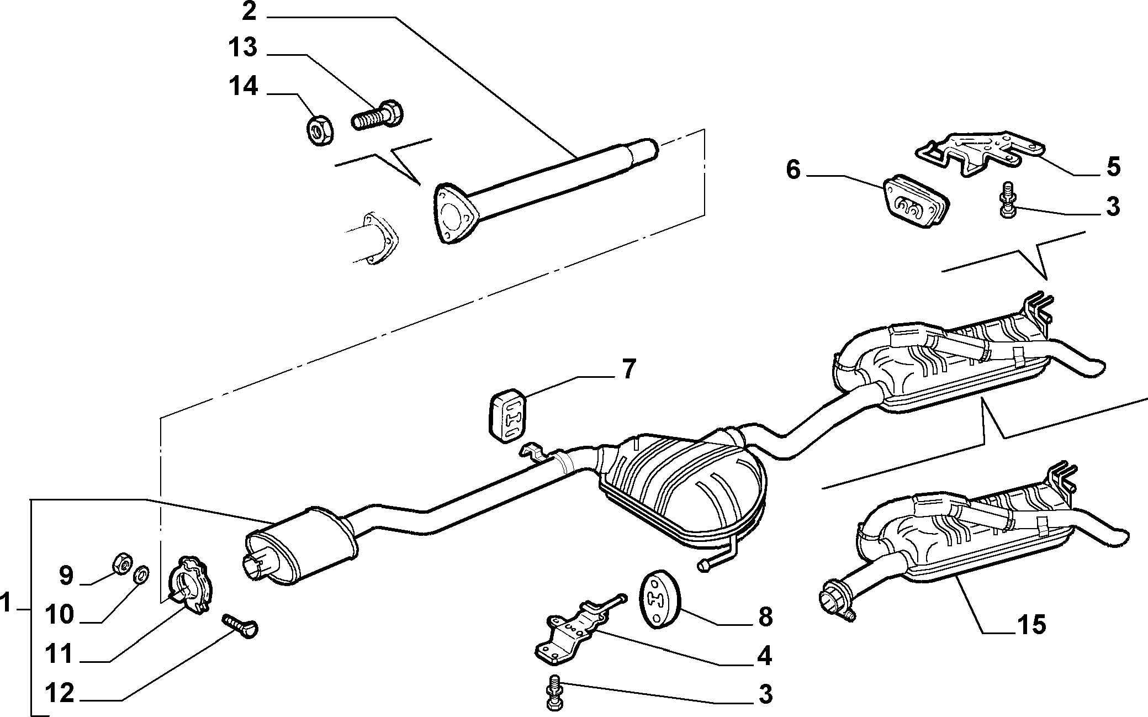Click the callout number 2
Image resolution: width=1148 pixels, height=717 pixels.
coord(249,11)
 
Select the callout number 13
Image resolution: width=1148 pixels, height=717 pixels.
coord(243,48)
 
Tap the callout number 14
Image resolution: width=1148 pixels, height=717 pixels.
coord(243,87)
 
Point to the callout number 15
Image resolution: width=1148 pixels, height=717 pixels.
coord(1030,625)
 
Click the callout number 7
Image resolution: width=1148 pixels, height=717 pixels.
coord(629,369)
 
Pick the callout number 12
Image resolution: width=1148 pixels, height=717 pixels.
coord(59,693)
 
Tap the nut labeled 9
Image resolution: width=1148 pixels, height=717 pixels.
coord(122,563)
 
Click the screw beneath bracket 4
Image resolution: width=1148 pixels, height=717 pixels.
coord(553,692)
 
